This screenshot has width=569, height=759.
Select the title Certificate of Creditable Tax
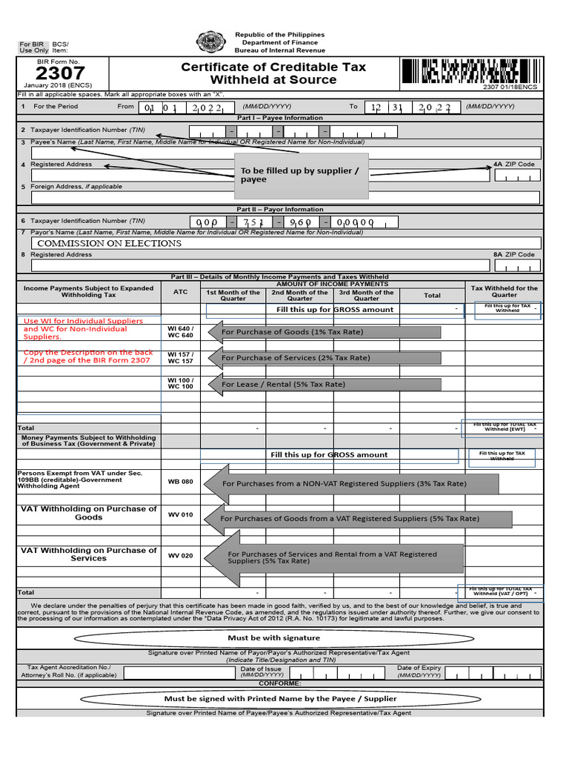point(273,67)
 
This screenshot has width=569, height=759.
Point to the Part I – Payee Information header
point(280,118)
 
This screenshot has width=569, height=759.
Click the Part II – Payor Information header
point(280,210)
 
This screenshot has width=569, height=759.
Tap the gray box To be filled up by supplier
point(301,176)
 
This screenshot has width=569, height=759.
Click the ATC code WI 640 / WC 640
point(180,332)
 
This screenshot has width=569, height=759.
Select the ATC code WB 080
point(180,482)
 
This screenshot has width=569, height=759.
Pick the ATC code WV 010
point(180,514)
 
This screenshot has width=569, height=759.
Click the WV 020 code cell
point(180,555)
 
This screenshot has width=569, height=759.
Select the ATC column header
point(180,292)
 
